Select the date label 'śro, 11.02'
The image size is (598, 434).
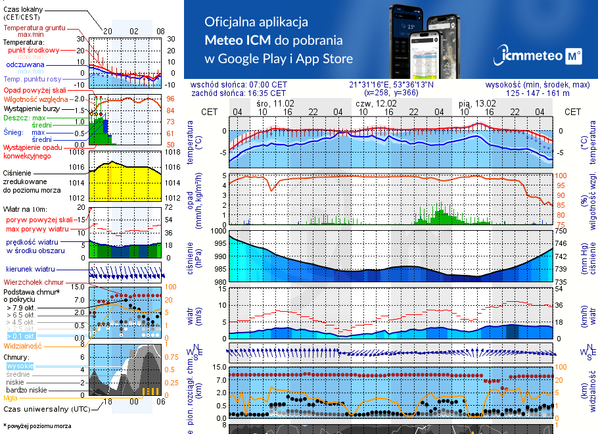pyautogui.click(x=275, y=104)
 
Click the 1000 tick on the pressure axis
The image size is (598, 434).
pyautogui.click(x=218, y=231)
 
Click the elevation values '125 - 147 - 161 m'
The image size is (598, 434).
pyautogui.click(x=538, y=93)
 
